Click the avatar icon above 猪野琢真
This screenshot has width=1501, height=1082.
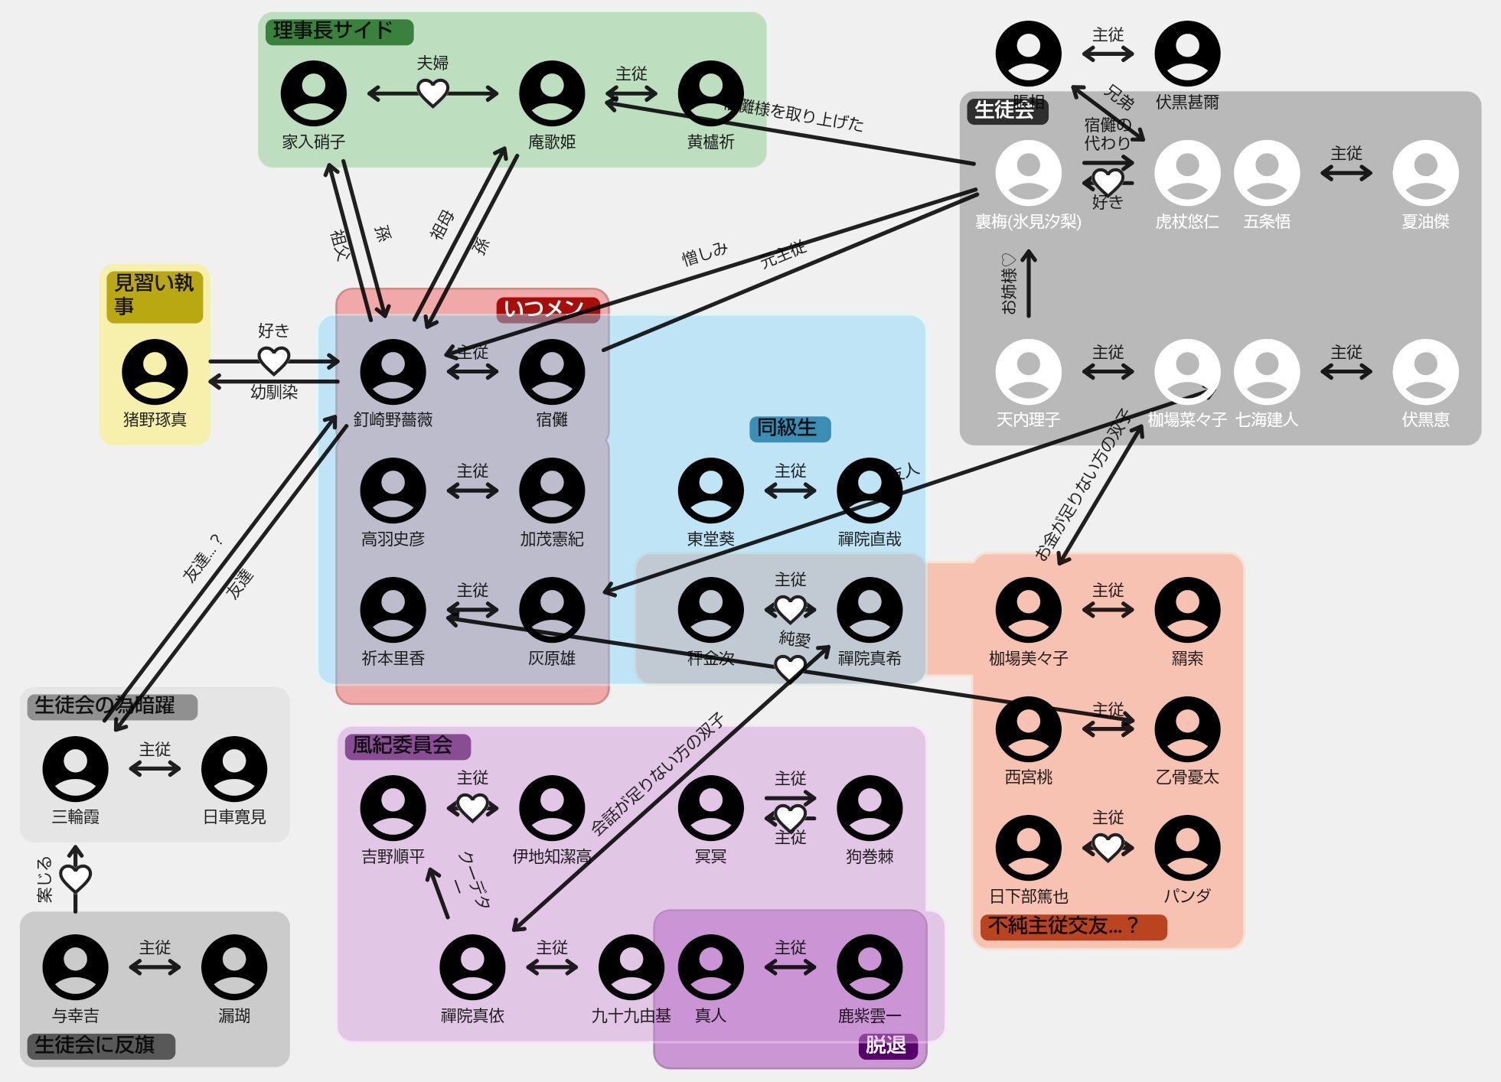[x=155, y=372]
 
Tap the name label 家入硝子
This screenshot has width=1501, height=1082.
[x=313, y=142]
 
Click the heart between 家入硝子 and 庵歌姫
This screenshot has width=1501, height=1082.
[x=432, y=93]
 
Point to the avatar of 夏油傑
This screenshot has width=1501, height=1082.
[x=1425, y=173]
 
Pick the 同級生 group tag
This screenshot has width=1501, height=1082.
[x=788, y=428]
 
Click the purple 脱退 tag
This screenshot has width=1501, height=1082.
[x=887, y=1045]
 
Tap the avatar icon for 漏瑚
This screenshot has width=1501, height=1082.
[x=234, y=967]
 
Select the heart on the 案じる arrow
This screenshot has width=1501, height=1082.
[x=75, y=878]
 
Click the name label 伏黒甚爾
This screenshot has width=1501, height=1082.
[x=1187, y=102]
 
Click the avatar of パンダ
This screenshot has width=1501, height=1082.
[x=1187, y=848]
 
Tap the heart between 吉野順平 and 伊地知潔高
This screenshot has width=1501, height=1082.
[x=472, y=807]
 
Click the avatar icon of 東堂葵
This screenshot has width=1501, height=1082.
[x=710, y=491]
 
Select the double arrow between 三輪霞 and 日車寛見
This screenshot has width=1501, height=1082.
[x=155, y=768]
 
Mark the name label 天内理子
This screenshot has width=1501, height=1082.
[x=1028, y=419]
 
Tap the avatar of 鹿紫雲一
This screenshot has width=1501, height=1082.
[x=870, y=967]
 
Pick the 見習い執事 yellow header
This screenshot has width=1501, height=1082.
[x=155, y=295]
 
